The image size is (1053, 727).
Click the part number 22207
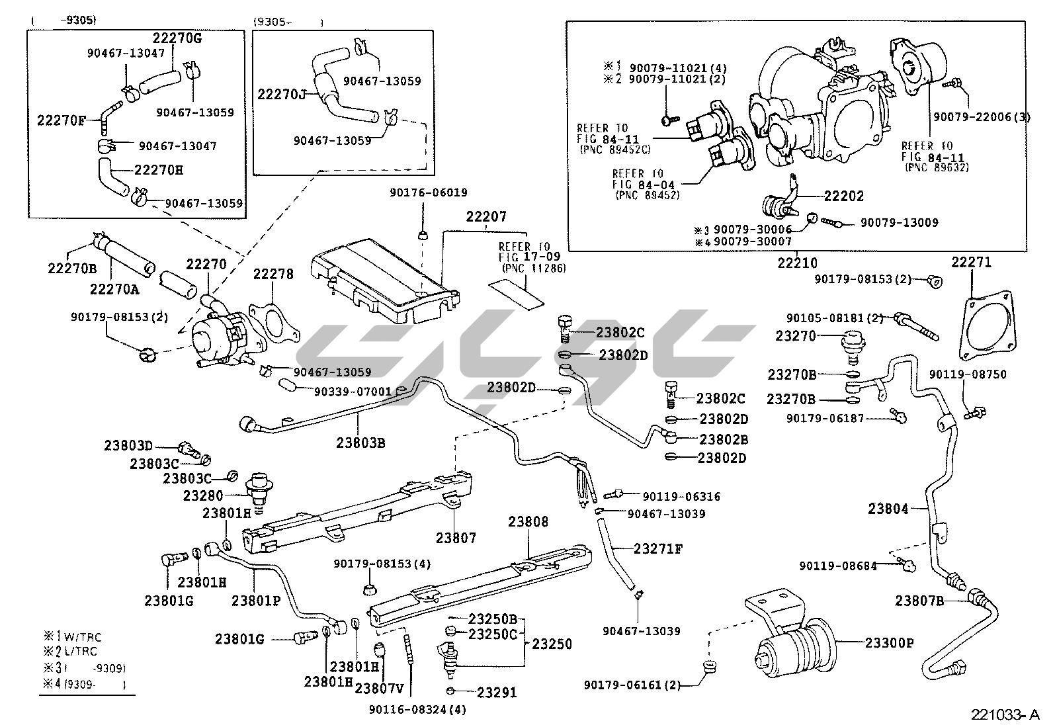(x=486, y=216)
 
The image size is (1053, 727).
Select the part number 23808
(x=528, y=522)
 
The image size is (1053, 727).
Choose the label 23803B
(x=360, y=442)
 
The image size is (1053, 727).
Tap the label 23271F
(x=657, y=548)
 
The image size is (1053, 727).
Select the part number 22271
(x=972, y=262)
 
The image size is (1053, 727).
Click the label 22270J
(x=282, y=94)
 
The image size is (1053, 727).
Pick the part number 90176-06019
(x=428, y=193)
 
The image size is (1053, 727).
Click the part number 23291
(x=496, y=693)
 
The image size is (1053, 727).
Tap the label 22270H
(x=159, y=170)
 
